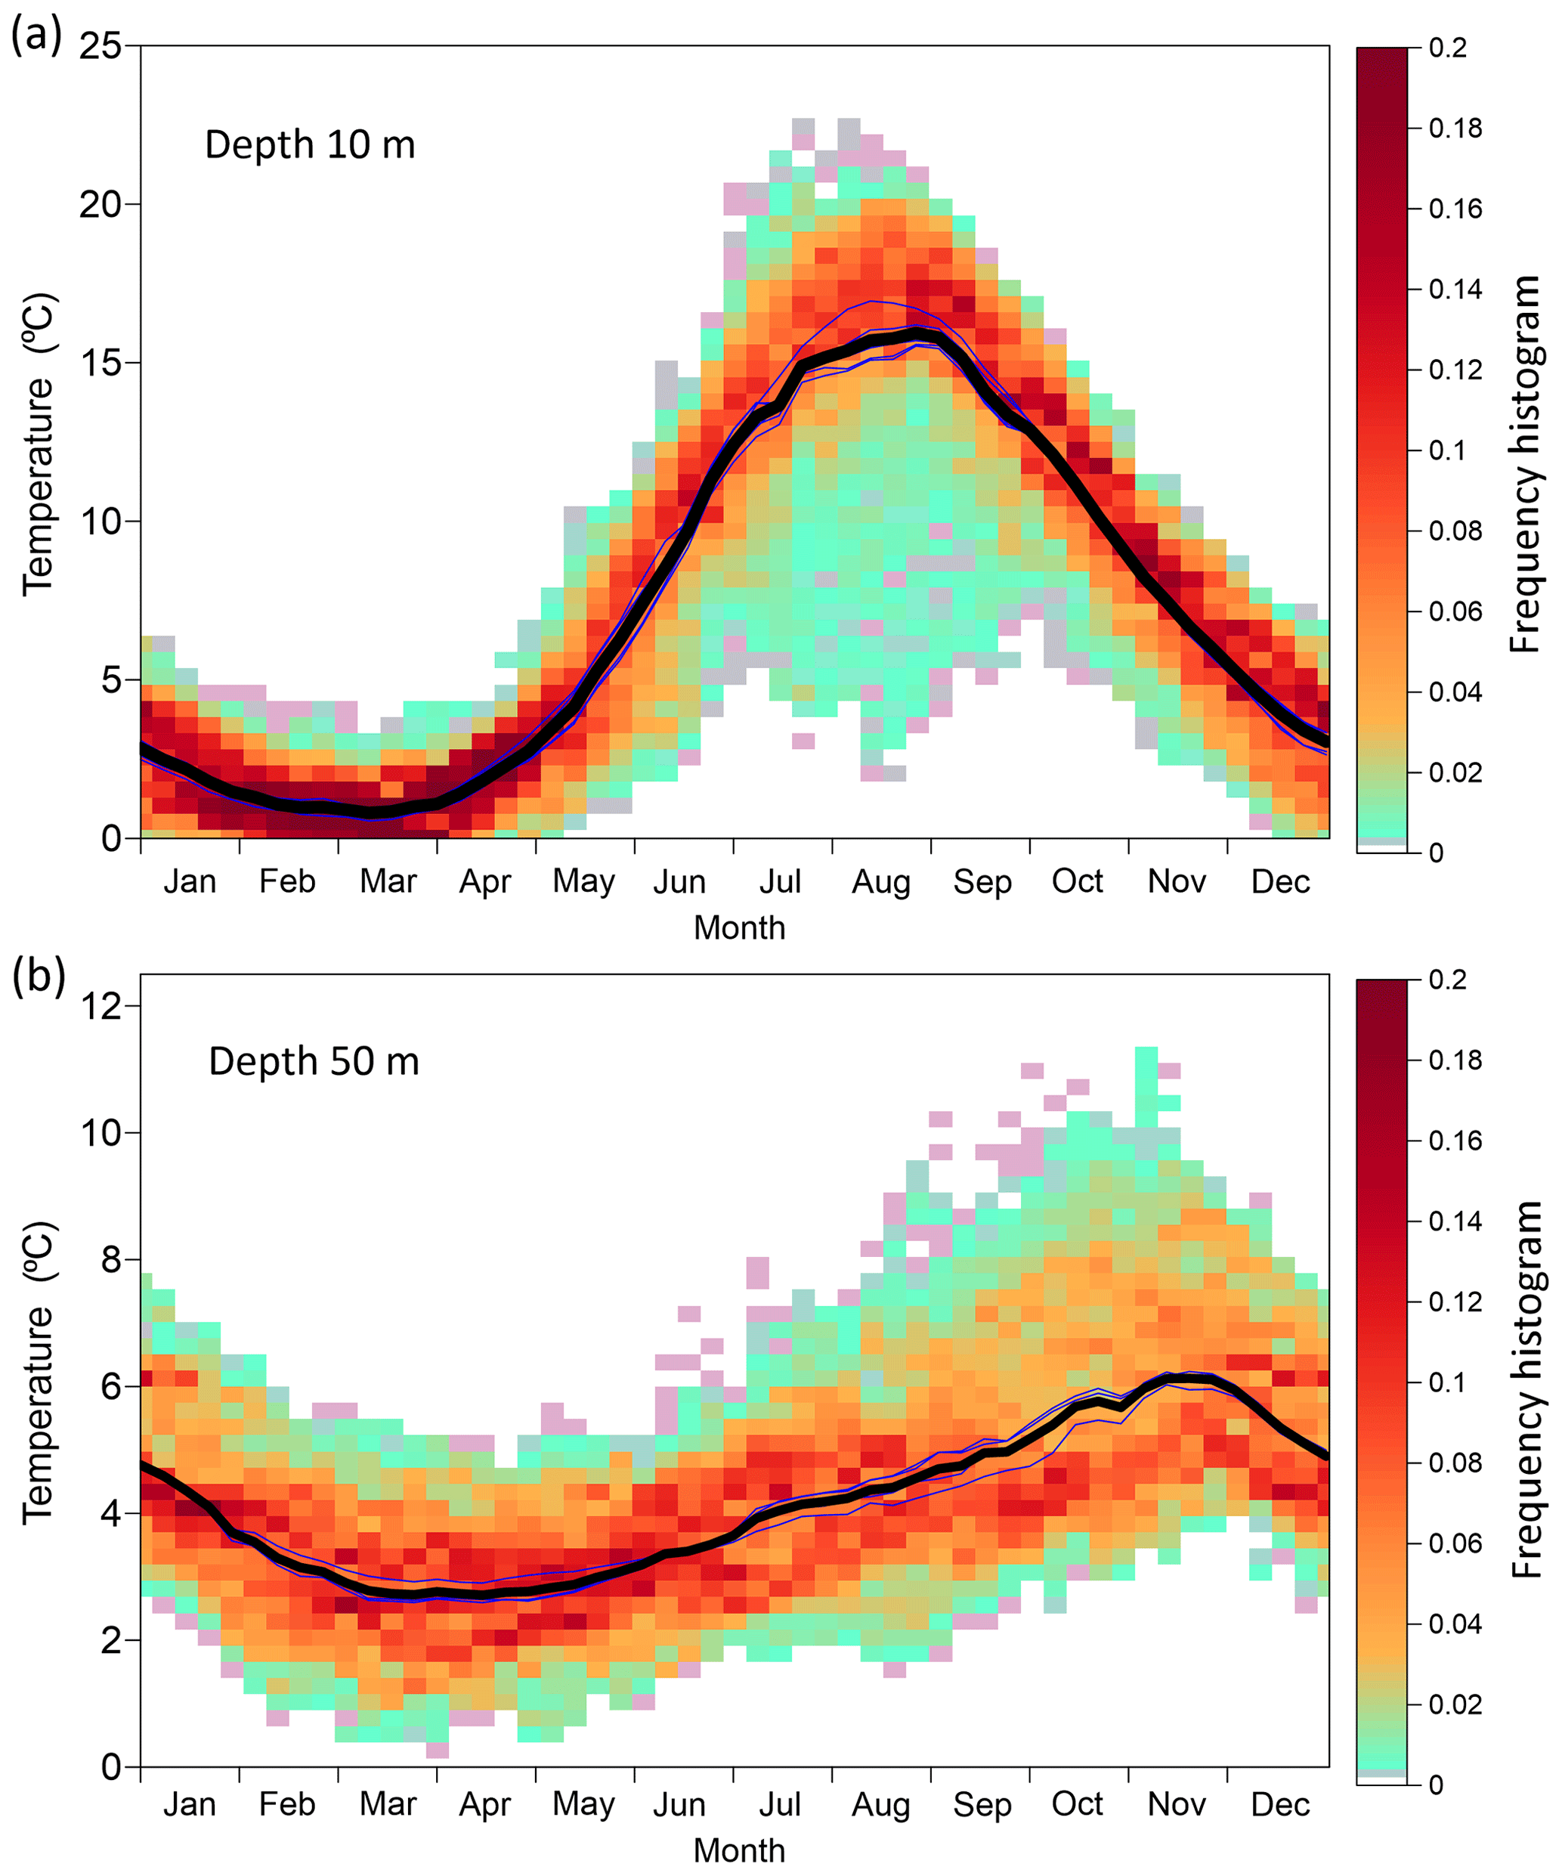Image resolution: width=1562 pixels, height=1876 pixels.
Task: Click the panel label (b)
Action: pos(39,976)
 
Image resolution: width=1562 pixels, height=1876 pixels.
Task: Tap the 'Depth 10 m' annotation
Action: pos(310,144)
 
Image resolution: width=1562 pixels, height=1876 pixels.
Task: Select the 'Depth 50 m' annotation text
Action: pos(314,1061)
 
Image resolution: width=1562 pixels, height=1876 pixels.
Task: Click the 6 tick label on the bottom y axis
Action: pos(112,1386)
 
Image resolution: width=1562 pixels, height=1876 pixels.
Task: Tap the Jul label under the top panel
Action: pos(780,882)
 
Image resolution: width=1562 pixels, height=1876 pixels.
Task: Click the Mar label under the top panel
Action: pos(388,882)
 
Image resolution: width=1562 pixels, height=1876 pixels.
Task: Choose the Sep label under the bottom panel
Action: pos(982,1804)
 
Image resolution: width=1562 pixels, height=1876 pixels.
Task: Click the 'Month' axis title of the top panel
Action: pos(740,928)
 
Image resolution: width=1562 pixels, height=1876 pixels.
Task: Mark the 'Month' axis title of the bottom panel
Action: pos(740,1850)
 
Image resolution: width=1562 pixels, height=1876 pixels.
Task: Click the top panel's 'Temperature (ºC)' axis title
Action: pos(39,443)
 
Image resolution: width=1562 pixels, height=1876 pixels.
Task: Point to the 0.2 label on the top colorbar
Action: pos(1448,48)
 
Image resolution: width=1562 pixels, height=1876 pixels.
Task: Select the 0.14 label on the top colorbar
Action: pos(1455,289)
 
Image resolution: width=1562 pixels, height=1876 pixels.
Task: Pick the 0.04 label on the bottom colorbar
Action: pos(1455,1624)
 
